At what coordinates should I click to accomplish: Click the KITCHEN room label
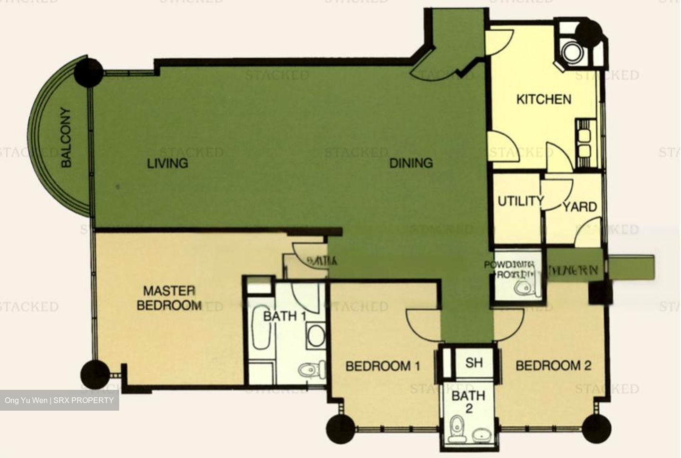(x=543, y=99)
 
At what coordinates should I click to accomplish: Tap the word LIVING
(x=167, y=163)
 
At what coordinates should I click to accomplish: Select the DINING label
(x=411, y=163)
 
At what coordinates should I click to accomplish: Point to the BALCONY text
(x=66, y=137)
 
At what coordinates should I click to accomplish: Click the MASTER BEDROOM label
(x=169, y=298)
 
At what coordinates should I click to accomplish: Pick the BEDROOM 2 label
(x=553, y=366)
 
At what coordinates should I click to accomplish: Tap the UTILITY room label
(x=520, y=201)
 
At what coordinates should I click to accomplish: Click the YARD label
(x=579, y=207)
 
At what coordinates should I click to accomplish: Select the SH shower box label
(x=474, y=363)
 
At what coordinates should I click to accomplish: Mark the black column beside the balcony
(x=88, y=72)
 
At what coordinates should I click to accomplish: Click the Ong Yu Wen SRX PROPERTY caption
(x=59, y=400)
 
